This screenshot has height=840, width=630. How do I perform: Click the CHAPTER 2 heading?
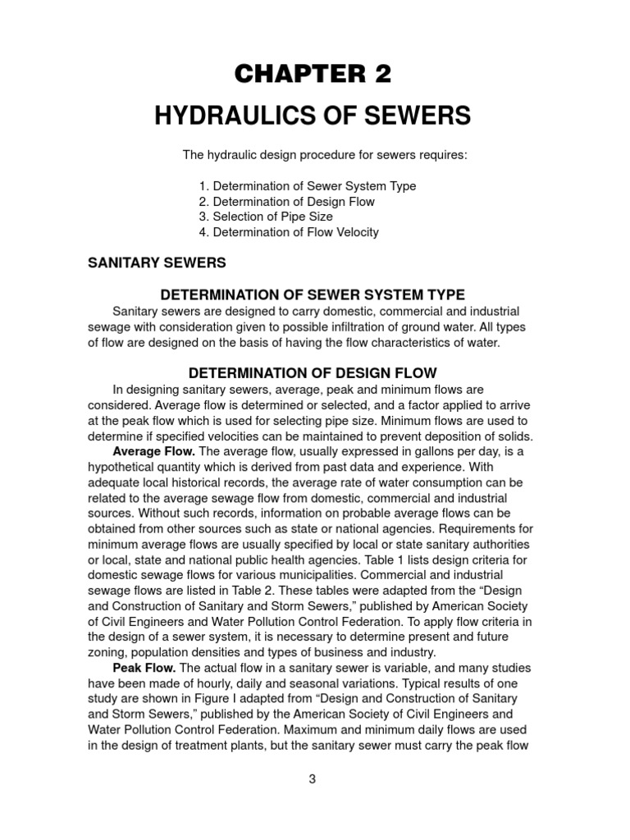[x=313, y=74]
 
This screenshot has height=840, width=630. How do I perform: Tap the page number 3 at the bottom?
[x=313, y=779]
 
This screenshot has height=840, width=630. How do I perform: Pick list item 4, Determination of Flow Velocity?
[x=289, y=232]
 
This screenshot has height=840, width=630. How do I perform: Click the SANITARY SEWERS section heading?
[x=157, y=263]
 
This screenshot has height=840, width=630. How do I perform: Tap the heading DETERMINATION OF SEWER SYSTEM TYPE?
[x=313, y=294]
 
